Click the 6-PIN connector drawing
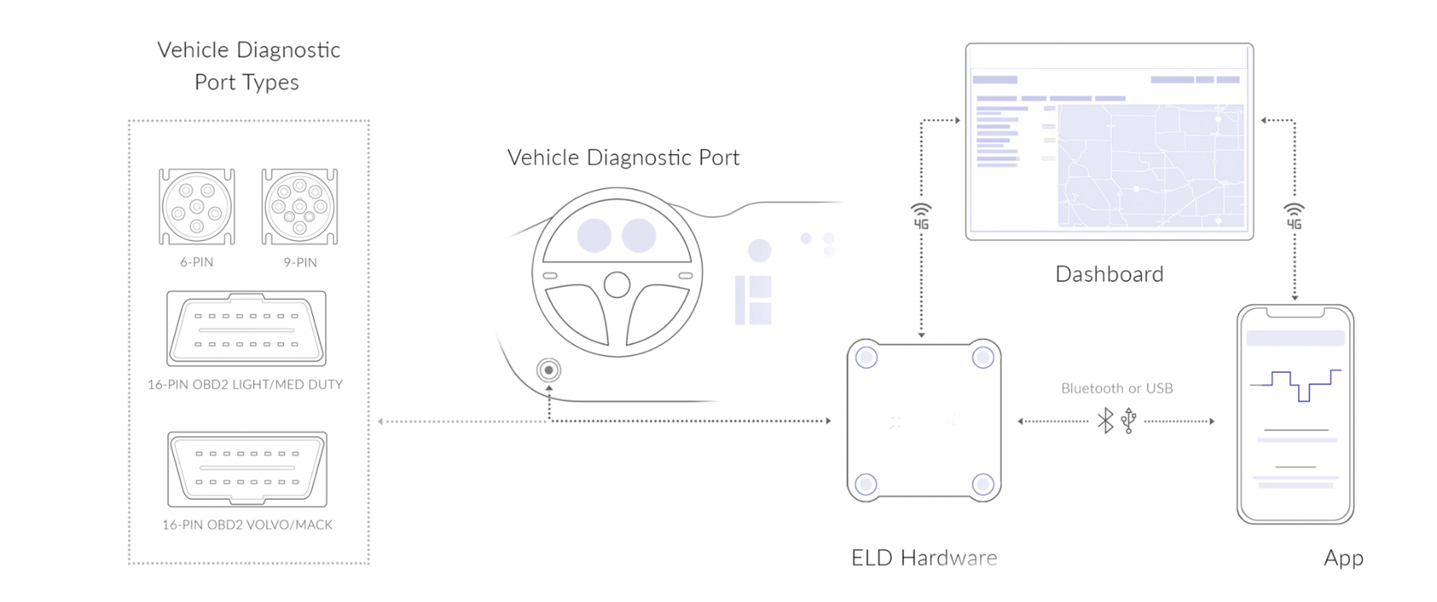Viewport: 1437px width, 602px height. click(196, 207)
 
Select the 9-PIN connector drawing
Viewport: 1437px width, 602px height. click(299, 207)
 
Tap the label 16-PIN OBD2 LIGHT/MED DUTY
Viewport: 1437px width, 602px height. click(245, 384)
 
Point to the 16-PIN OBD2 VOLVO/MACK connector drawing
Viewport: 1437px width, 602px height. click(247, 469)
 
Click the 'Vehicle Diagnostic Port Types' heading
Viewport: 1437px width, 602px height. click(248, 65)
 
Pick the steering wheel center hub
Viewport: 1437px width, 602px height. click(616, 284)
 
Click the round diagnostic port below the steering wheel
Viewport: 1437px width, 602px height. click(548, 370)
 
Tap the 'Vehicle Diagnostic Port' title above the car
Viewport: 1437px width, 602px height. click(623, 157)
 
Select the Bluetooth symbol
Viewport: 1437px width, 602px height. click(1105, 421)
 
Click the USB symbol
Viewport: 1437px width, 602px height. click(1129, 421)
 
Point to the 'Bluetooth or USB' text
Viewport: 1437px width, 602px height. click(1117, 388)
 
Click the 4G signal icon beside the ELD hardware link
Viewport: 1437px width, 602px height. click(921, 216)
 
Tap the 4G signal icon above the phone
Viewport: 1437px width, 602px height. click(1294, 216)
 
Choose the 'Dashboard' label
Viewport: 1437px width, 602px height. click(1109, 274)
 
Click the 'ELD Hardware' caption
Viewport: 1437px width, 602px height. click(924, 557)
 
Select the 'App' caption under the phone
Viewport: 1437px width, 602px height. click(1343, 557)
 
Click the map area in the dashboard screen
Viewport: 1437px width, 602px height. click(1150, 165)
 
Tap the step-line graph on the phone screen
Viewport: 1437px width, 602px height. click(1295, 384)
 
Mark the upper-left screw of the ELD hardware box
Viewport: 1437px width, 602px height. click(867, 358)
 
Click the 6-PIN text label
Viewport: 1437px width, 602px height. click(196, 262)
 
